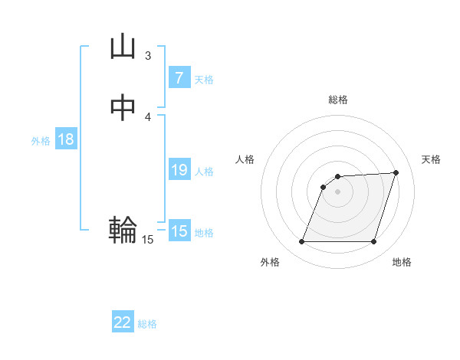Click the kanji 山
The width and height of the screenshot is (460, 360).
point(123,47)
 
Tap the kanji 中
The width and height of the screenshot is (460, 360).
point(123,108)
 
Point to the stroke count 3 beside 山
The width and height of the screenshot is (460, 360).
point(148,55)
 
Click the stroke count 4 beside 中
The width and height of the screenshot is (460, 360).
point(148,116)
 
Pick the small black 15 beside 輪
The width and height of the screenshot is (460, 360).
point(147,240)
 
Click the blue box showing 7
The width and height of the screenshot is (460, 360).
point(179,77)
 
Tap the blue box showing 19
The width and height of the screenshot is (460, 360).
point(179,170)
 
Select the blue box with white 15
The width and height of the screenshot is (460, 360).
point(179,231)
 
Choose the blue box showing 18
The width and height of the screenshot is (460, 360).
point(66,139)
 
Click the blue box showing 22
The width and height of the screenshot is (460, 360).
point(123,322)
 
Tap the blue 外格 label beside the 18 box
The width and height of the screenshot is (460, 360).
point(41,141)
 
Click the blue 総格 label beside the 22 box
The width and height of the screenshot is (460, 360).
point(147,324)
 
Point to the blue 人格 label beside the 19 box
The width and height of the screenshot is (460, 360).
point(204,172)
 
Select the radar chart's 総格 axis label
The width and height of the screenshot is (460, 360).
point(338,100)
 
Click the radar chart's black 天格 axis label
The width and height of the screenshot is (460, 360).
point(431,159)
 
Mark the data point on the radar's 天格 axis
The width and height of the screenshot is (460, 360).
point(396,172)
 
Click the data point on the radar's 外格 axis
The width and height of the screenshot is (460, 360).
point(302,242)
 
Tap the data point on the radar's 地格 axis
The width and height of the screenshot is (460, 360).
point(374,242)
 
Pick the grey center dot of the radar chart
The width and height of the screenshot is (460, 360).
point(338,191)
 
